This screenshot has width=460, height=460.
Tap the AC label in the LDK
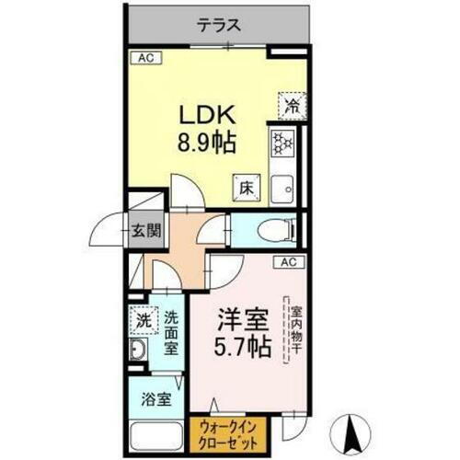point(144,59)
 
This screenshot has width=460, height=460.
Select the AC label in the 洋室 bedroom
point(285,261)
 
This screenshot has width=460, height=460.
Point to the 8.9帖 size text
point(208,144)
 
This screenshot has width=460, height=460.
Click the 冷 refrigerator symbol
point(290,106)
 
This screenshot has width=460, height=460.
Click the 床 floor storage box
point(247,187)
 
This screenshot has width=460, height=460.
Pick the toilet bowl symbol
point(272,229)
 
